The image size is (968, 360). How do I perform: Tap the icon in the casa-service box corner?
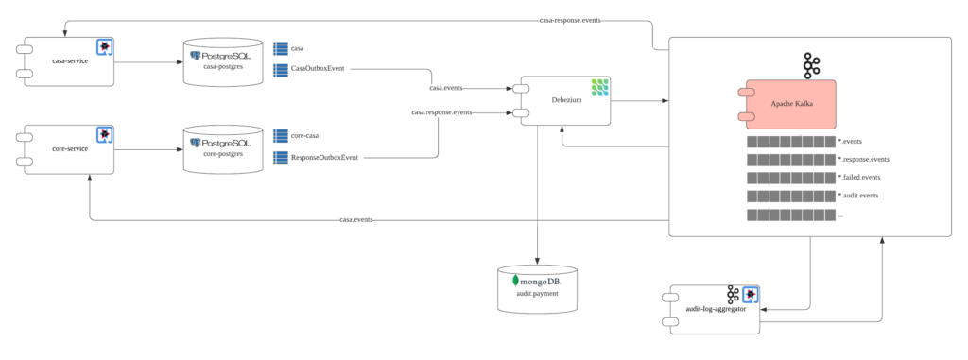(x=104, y=47)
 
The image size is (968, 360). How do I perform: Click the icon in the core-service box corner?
(x=104, y=135)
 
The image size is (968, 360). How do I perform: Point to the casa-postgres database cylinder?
(x=223, y=62)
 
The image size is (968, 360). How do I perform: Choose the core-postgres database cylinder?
(x=223, y=149)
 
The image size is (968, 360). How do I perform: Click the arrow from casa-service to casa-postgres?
(x=147, y=62)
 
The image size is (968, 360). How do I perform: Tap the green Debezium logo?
(x=600, y=88)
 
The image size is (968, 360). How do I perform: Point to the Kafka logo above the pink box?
(x=810, y=63)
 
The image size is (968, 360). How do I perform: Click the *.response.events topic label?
(x=862, y=160)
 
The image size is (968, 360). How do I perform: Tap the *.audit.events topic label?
(x=857, y=196)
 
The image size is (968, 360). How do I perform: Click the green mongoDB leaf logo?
(x=515, y=281)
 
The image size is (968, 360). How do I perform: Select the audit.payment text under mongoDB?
(x=537, y=294)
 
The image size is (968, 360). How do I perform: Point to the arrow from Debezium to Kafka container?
(x=640, y=100)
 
